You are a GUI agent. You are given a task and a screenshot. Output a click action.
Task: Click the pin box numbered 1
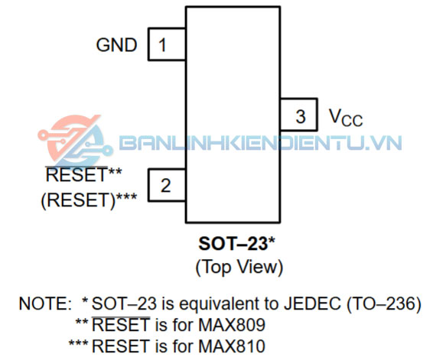coord(167,44)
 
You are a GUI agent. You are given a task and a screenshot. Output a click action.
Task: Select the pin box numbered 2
coord(167,185)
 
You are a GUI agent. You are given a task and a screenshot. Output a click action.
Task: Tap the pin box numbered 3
coord(299,115)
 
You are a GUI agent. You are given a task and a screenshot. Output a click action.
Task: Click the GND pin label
coord(116,45)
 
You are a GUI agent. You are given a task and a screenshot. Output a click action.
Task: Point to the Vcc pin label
coord(346,118)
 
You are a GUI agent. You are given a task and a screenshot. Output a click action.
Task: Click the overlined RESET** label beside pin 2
coord(83,174)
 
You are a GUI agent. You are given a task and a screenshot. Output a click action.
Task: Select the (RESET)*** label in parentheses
coord(89,200)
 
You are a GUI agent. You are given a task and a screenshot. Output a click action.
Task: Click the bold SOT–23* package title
coord(236,244)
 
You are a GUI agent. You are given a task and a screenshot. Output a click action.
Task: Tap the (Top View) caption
coord(239,267)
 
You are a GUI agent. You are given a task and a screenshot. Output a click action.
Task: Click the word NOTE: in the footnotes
coord(45,303)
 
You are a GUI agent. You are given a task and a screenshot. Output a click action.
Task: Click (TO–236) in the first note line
coord(384,304)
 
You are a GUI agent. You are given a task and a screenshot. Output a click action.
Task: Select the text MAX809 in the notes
coord(232,325)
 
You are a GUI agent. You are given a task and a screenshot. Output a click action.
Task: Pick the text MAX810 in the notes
coord(232,346)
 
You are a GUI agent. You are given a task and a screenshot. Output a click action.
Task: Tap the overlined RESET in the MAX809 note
coord(121,324)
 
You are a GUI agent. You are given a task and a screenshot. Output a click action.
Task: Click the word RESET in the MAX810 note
coord(121,346)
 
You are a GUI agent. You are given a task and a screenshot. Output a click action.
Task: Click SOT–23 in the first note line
coord(124,303)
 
